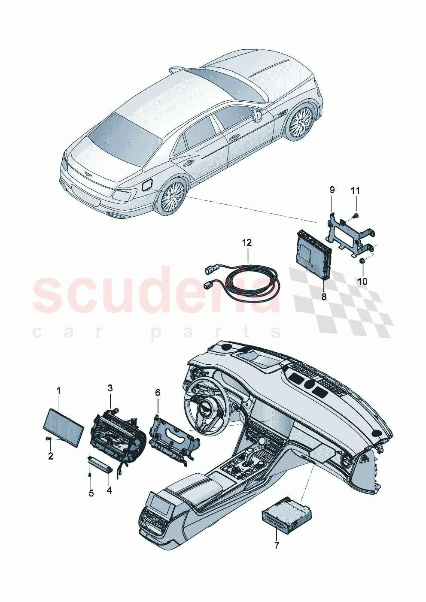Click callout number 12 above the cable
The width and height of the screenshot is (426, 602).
tap(246, 243)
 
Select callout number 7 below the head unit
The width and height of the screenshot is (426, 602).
tap(277, 545)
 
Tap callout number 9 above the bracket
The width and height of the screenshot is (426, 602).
tap(332, 190)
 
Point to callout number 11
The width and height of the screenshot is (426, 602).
tap(356, 190)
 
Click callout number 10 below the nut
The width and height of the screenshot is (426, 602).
tap(362, 281)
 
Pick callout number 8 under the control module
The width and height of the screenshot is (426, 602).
tap(324, 296)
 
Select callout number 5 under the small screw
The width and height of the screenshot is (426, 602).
tap(91, 493)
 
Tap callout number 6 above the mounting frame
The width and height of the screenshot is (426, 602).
tap(158, 392)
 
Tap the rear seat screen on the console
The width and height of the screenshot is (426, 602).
tap(159, 501)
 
